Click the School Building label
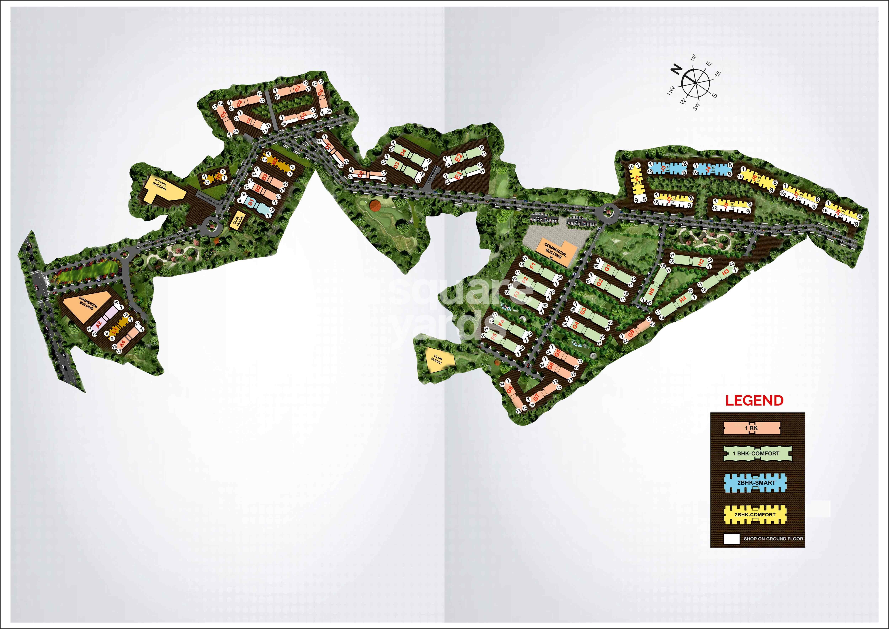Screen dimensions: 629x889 159,184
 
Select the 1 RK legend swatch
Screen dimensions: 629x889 751,428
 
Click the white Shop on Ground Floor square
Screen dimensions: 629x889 731,539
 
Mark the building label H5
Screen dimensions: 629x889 652,291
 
